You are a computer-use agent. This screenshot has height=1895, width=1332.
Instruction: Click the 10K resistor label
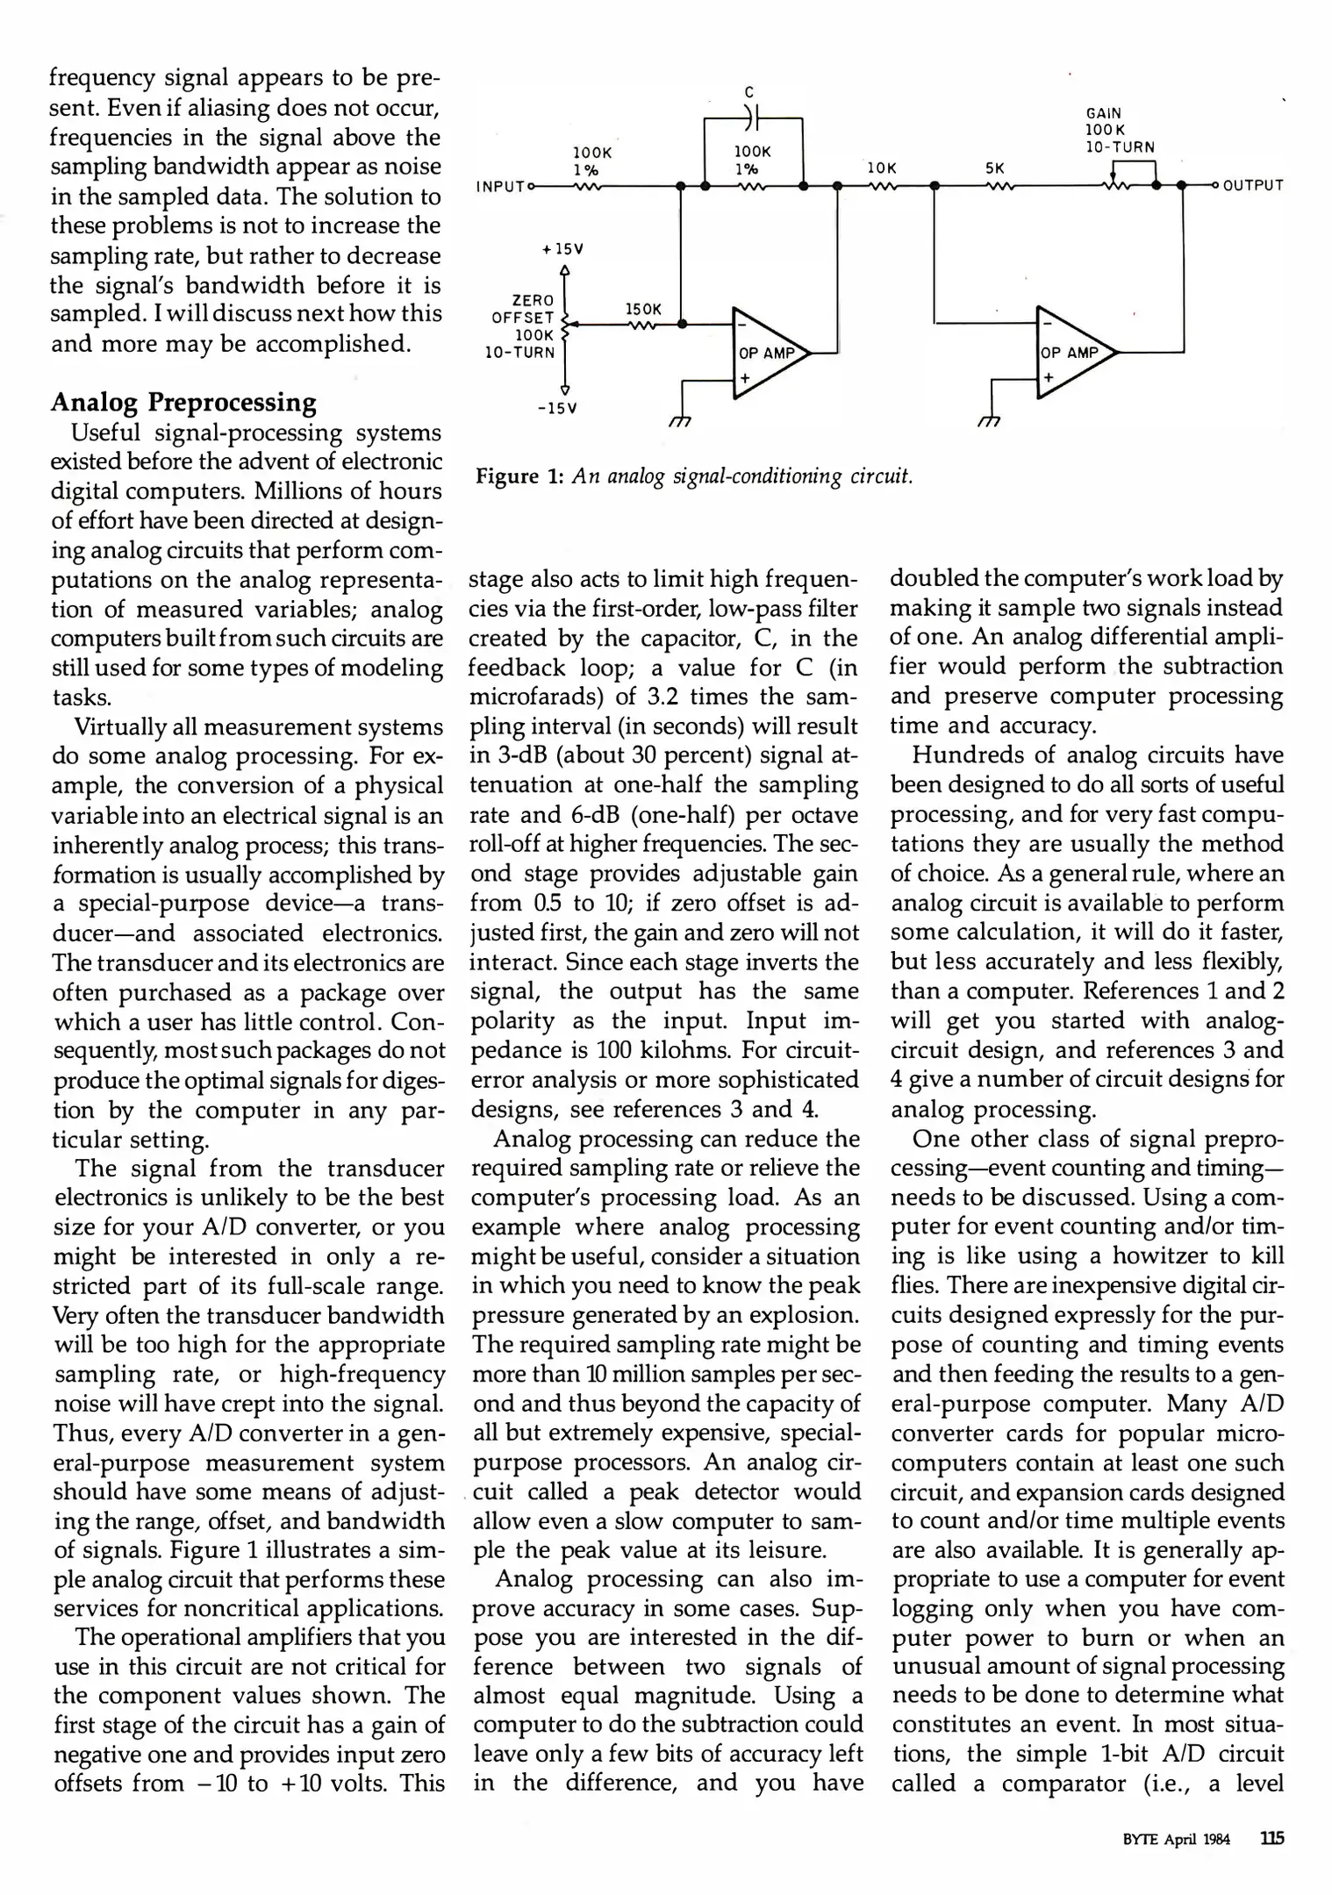point(881,167)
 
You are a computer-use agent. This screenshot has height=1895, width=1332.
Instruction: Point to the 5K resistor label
point(995,167)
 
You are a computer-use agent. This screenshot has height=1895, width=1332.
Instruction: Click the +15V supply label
point(563,248)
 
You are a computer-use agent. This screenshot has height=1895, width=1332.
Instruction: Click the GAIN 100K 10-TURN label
point(1120,130)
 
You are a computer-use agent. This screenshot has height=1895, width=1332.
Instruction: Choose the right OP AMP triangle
point(1071,353)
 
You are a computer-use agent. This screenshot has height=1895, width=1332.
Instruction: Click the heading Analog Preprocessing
point(183,402)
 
